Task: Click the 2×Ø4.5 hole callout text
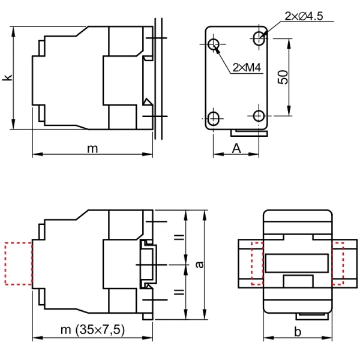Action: [x=304, y=16]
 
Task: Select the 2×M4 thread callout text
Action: [x=247, y=67]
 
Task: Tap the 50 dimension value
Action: [x=283, y=77]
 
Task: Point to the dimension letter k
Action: [x=7, y=77]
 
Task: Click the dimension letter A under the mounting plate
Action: [x=236, y=148]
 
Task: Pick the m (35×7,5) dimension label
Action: [x=92, y=329]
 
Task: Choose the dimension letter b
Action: [x=298, y=332]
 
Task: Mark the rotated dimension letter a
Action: [x=200, y=265]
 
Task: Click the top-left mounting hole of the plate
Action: [x=214, y=44]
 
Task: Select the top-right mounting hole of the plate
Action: [x=259, y=38]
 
